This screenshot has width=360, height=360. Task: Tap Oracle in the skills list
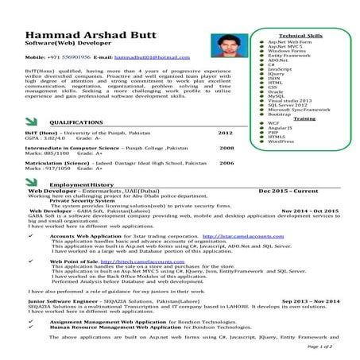276,91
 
